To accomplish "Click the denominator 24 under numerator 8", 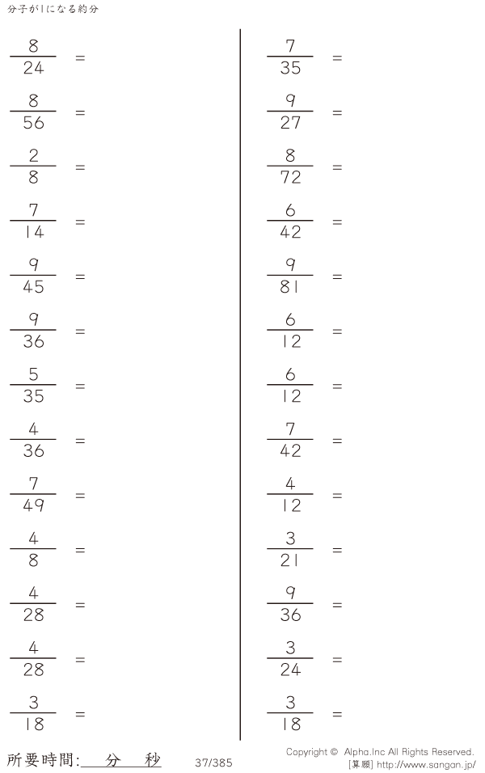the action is pyautogui.click(x=33, y=68).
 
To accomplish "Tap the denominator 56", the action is pyautogui.click(x=33, y=123).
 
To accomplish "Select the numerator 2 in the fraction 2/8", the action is pyautogui.click(x=33, y=155).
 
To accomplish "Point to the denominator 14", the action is pyautogui.click(x=33, y=232).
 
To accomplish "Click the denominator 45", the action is pyautogui.click(x=33, y=287).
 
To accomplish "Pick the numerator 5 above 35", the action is pyautogui.click(x=33, y=374).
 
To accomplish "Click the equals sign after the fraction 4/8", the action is pyautogui.click(x=80, y=550).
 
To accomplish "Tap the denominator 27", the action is pyautogui.click(x=290, y=123).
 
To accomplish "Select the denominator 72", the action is pyautogui.click(x=290, y=177).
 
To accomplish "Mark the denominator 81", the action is pyautogui.click(x=289, y=287).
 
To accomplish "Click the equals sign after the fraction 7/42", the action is pyautogui.click(x=337, y=441).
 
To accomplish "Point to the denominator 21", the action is pyautogui.click(x=289, y=560).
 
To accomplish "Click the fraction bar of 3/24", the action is pyautogui.click(x=290, y=658).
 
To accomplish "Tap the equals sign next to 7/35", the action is pyautogui.click(x=337, y=57).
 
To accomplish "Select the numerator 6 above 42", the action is pyautogui.click(x=290, y=210).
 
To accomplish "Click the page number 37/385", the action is pyautogui.click(x=213, y=762).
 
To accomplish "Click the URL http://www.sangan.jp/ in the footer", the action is pyautogui.click(x=426, y=765).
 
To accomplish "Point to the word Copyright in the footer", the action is pyautogui.click(x=306, y=752).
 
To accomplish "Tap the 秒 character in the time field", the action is pyautogui.click(x=153, y=760).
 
